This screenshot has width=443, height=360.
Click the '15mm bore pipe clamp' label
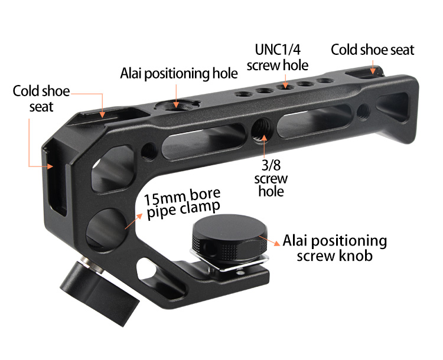point(183,204)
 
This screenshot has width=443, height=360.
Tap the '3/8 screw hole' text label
point(271,178)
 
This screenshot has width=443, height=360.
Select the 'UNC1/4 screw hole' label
point(278,57)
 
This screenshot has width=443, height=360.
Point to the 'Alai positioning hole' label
point(179,73)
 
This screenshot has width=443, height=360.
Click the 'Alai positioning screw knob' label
point(335,248)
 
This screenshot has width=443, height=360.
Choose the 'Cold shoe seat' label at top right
point(372,50)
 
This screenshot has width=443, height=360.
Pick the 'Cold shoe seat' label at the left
point(41,99)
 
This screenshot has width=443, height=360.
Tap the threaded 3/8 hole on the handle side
point(260,130)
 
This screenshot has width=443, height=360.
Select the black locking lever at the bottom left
point(99,293)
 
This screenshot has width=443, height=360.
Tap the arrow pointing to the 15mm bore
point(133,221)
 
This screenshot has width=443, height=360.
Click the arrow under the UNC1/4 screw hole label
point(285,81)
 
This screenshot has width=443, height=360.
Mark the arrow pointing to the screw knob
point(269,241)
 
